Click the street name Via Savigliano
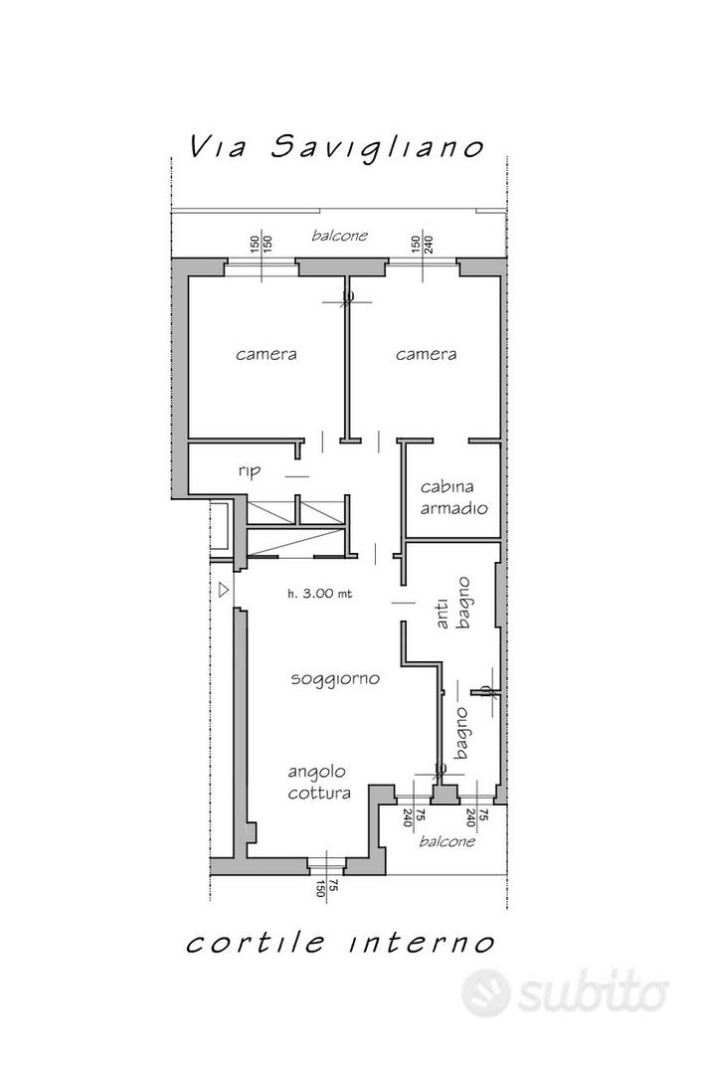[336, 146]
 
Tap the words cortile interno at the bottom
[340, 942]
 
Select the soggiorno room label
[335, 679]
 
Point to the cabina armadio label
[454, 497]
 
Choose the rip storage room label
[250, 471]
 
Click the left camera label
[266, 354]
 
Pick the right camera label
[427, 354]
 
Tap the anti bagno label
[453, 604]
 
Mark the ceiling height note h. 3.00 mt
[320, 593]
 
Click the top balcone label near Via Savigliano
[340, 236]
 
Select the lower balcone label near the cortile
[447, 841]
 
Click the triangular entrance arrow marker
[224, 590]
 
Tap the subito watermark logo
[565, 992]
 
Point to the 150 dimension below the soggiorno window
[320, 890]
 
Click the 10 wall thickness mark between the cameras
[347, 296]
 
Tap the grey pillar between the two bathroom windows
[445, 795]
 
